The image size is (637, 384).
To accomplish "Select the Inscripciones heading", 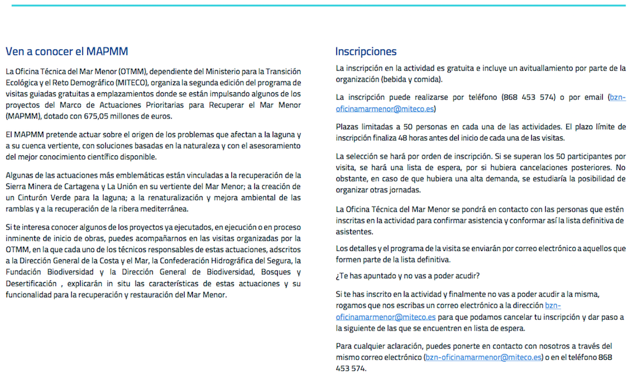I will (366, 52).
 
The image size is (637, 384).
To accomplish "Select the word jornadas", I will (403, 190).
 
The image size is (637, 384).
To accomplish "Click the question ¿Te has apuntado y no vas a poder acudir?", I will (408, 276).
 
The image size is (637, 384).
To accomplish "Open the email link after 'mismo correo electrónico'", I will (483, 358).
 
